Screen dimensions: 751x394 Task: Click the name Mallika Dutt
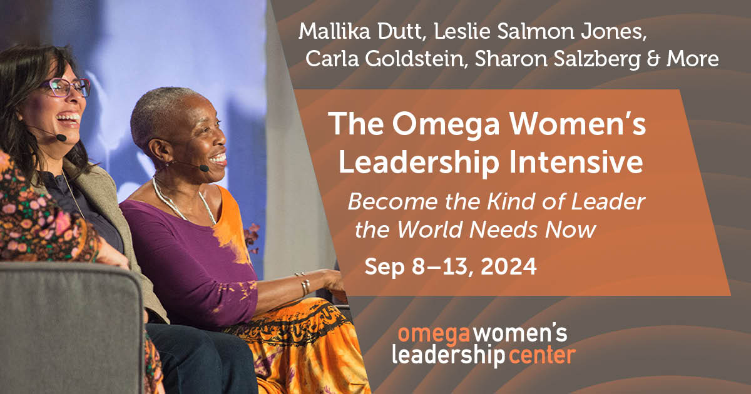point(360,31)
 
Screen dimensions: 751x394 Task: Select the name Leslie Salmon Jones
point(538,31)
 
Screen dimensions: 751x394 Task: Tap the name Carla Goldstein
point(384,59)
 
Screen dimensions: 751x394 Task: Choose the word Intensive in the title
point(576,162)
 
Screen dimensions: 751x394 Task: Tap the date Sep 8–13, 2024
point(451,267)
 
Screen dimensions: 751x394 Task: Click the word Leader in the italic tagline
point(608,202)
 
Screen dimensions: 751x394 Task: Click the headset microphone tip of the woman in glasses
point(61,138)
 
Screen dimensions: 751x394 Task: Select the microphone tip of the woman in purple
point(204,168)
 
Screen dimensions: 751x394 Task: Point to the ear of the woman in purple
point(157,151)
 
